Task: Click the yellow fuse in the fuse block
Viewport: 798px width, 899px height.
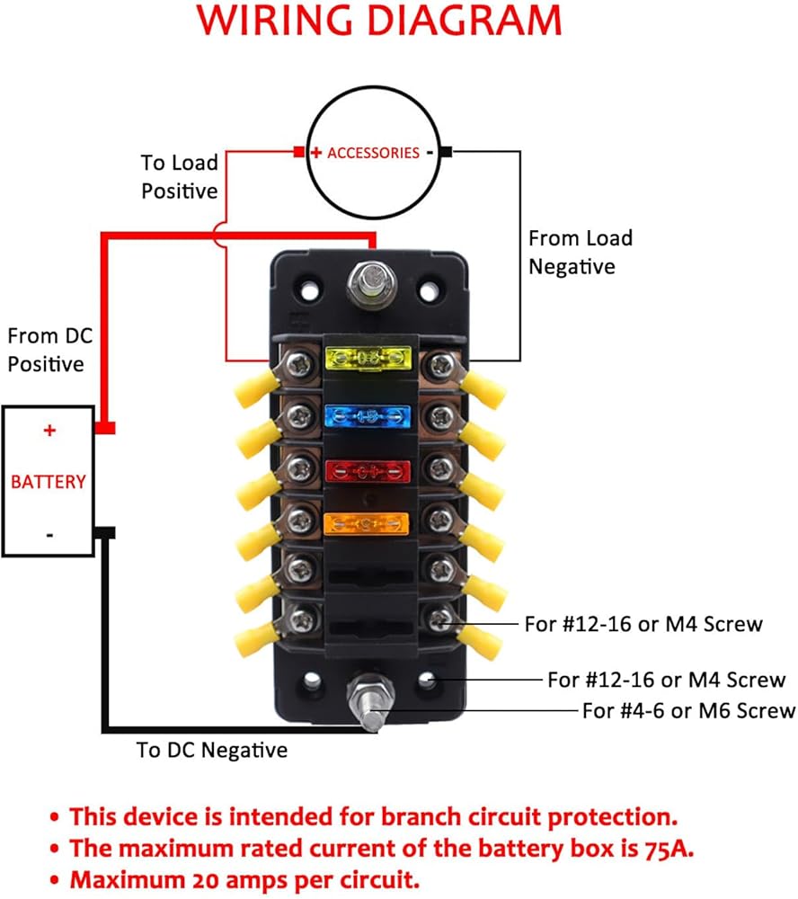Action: (x=368, y=359)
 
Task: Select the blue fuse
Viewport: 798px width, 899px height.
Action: (x=368, y=417)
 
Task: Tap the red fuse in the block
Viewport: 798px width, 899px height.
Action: (x=368, y=472)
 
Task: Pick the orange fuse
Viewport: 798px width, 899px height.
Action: (x=367, y=524)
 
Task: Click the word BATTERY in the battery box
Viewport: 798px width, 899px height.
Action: (x=49, y=482)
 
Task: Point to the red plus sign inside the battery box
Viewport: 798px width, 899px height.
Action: (x=50, y=430)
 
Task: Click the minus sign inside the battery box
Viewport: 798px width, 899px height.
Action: (x=50, y=536)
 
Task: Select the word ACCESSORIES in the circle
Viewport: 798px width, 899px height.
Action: (x=373, y=153)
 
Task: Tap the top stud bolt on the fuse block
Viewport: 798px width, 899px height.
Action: (x=372, y=283)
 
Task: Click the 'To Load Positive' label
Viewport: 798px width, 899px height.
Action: (x=180, y=176)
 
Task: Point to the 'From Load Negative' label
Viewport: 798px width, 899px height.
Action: (x=581, y=253)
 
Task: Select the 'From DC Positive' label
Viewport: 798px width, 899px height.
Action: (x=50, y=350)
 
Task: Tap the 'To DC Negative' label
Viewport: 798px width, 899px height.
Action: (x=211, y=750)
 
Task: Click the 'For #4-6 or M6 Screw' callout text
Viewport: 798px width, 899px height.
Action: (x=688, y=711)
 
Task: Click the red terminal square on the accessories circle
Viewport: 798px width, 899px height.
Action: (x=298, y=152)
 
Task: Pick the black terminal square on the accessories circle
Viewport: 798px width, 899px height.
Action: (x=447, y=152)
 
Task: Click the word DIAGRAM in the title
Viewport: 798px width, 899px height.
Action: (x=464, y=21)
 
